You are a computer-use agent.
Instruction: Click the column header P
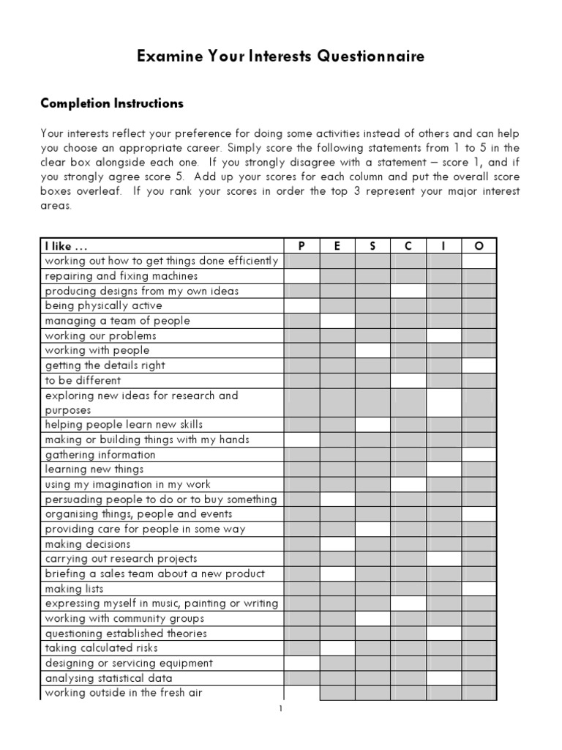coord(301,246)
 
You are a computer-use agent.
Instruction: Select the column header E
coord(337,246)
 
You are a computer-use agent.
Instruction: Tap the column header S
coord(372,246)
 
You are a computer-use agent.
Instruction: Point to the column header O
coord(479,246)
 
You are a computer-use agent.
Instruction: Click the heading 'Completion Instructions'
coord(111,103)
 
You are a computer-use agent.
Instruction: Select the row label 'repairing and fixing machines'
coord(121,276)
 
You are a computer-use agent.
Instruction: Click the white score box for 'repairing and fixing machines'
coord(301,276)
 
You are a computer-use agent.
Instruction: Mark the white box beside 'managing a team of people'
coord(337,321)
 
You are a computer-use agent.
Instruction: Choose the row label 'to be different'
coord(83,380)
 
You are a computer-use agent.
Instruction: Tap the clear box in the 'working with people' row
coord(372,350)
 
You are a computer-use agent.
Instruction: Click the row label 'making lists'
coord(74,589)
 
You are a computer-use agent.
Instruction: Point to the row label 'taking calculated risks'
coord(101,648)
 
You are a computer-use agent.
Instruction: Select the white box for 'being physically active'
coord(301,305)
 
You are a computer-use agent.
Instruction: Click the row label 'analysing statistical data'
coord(108,678)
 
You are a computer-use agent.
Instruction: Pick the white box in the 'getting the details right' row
coord(479,365)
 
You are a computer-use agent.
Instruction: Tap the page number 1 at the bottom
coord(280,709)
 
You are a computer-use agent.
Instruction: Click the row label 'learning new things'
coord(94,469)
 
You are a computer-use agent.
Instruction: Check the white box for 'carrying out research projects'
coord(444,559)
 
